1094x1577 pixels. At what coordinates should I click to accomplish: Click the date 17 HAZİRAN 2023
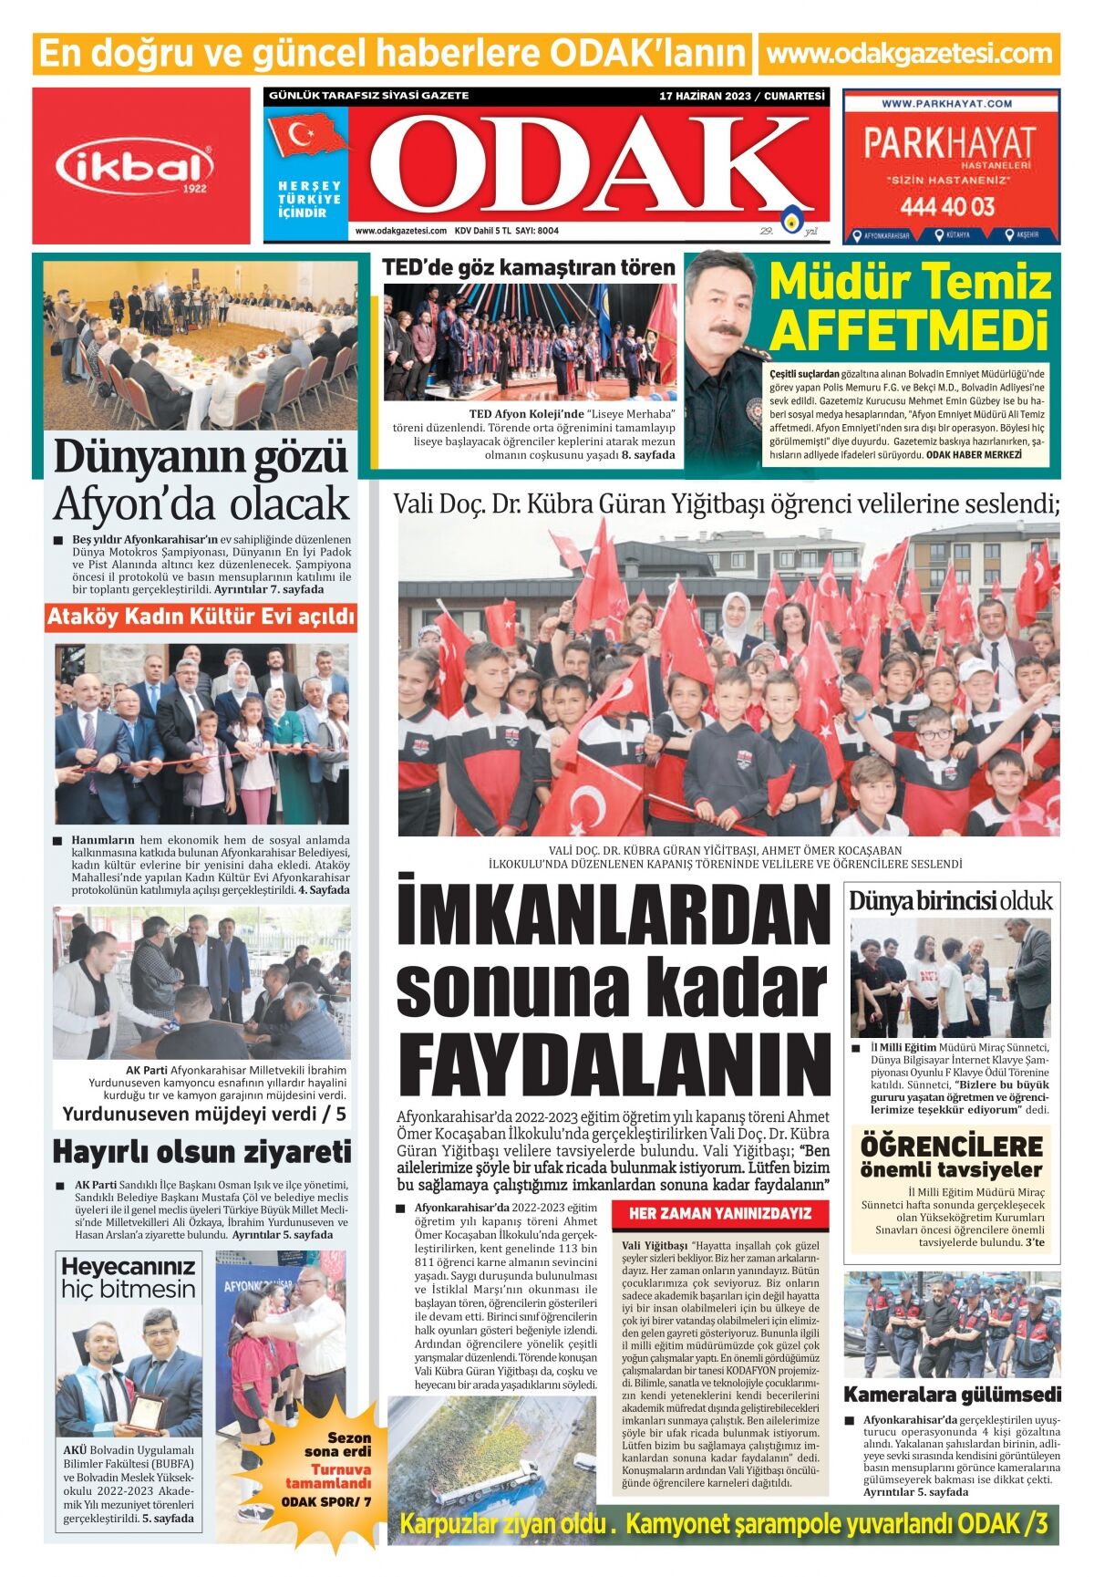point(706,96)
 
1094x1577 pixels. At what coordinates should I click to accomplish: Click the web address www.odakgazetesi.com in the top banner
point(909,54)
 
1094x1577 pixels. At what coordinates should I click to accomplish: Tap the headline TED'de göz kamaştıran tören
point(529,267)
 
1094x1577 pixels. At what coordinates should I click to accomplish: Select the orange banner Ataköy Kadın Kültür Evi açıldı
point(201,617)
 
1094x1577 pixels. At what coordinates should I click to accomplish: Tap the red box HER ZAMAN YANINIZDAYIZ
point(719,1214)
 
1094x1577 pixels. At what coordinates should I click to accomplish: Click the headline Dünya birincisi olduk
point(950,901)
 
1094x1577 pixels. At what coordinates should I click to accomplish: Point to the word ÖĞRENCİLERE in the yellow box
point(951,1146)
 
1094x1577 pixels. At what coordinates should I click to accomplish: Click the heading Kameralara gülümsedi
point(952,1395)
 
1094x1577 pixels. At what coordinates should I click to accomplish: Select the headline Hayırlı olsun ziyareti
point(201,1151)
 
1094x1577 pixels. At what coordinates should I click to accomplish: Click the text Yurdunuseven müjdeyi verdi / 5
point(204,1114)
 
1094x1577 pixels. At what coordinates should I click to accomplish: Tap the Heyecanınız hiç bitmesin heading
point(129,1278)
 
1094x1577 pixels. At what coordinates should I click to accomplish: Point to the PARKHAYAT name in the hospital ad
point(949,143)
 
